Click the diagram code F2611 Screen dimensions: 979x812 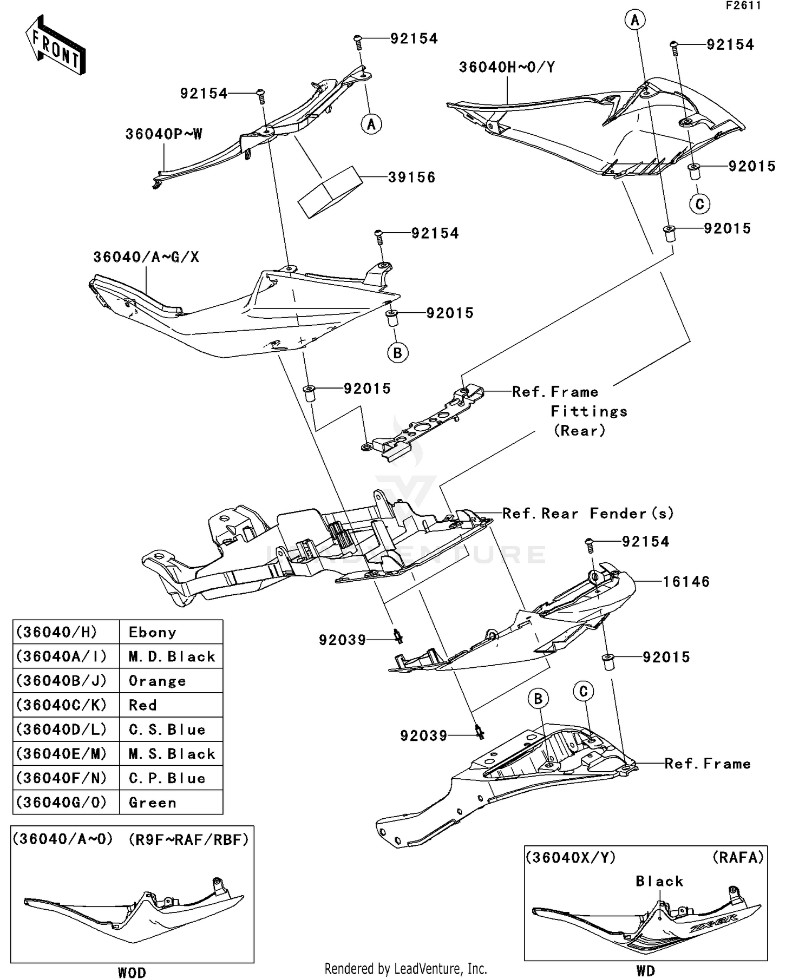tap(743, 6)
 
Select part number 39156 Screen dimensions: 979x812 tap(411, 178)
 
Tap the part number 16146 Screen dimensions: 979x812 tap(686, 582)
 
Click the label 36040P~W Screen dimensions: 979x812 tap(163, 134)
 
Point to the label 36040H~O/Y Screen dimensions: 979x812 tap(507, 68)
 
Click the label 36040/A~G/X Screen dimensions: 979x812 tap(146, 257)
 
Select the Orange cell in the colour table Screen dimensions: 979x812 tap(157, 681)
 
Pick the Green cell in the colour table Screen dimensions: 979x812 tap(153, 803)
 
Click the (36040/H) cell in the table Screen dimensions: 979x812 tap(57, 632)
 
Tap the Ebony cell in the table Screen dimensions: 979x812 tap(152, 632)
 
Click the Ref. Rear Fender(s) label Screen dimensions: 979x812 tap(588, 514)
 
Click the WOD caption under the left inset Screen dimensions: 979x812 tap(132, 973)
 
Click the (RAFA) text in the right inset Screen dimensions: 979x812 tap(738, 858)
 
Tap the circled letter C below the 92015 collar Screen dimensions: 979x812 tap(699, 204)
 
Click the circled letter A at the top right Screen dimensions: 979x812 tap(634, 21)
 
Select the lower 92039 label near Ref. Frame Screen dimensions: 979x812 tap(423, 736)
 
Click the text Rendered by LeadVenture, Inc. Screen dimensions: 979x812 tap(405, 969)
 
